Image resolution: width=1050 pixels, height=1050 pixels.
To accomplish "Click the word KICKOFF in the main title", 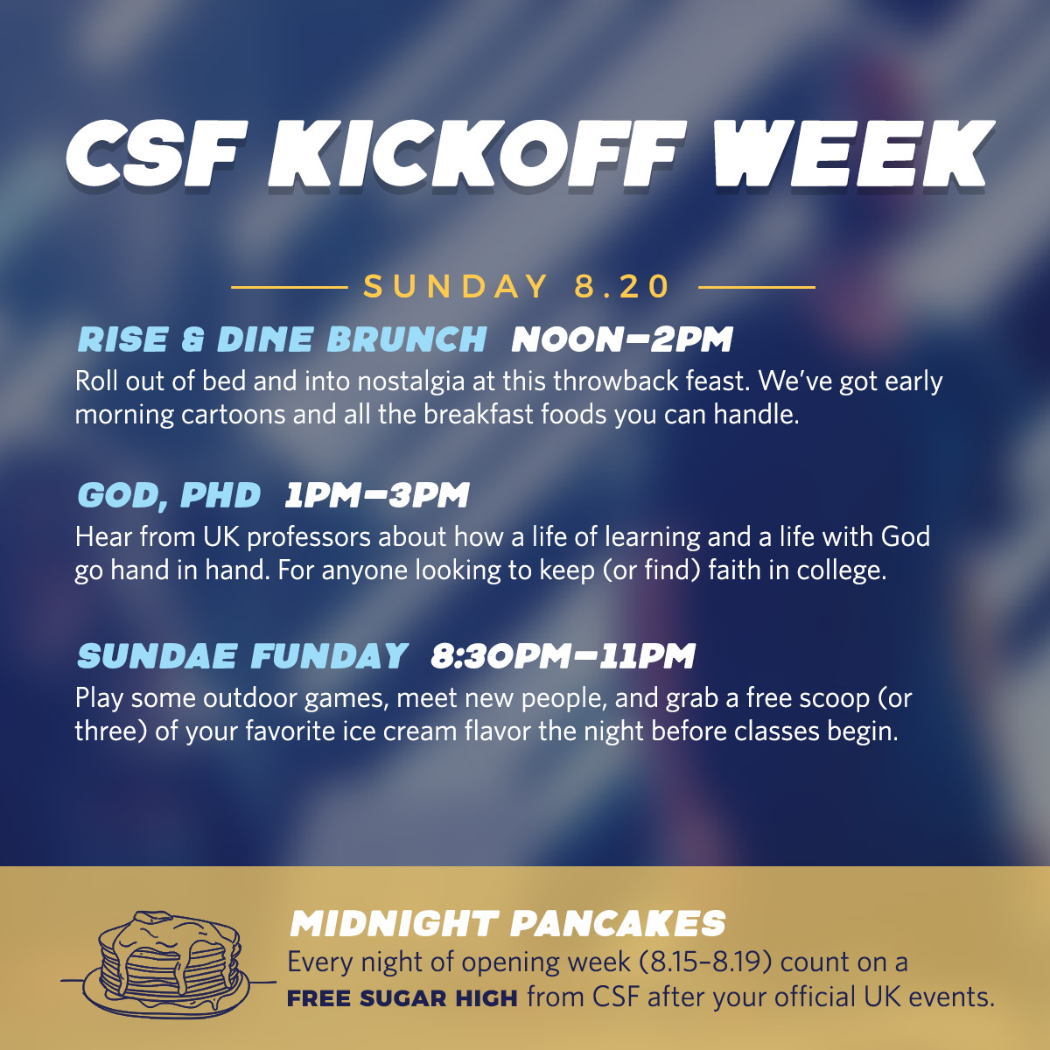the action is (476, 155).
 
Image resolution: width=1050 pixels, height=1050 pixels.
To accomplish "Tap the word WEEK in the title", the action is (848, 155).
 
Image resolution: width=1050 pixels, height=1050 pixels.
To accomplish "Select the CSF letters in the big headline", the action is (157, 155).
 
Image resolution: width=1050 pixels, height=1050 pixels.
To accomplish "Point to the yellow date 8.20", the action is (622, 285).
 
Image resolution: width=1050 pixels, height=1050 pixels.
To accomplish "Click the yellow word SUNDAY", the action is (456, 285).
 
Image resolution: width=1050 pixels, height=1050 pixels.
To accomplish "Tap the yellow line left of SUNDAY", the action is (290, 287).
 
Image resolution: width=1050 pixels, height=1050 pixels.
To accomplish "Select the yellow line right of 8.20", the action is (756, 287).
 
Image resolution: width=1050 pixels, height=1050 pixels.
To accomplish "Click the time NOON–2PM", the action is (622, 339).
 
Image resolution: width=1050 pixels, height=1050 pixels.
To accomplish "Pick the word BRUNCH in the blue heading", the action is (407, 339).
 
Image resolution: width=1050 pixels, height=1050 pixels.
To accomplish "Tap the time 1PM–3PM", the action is (377, 494).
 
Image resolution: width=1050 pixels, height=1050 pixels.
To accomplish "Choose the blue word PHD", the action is (220, 494).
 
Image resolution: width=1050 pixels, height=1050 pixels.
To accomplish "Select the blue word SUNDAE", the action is (157, 655).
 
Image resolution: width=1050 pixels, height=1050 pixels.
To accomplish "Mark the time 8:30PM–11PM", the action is (563, 655).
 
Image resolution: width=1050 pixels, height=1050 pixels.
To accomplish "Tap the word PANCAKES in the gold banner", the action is (618, 923).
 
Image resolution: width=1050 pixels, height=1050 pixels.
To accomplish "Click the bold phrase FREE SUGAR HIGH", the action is (402, 998).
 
